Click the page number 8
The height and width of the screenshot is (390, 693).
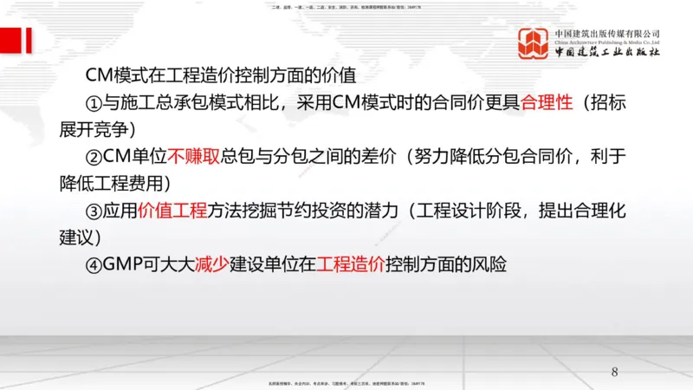click(615, 372)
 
